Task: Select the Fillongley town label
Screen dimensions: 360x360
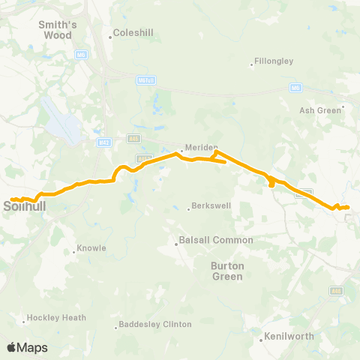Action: (274, 61)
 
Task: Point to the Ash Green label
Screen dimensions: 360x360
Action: (321, 109)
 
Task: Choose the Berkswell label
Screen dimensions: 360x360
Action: (211, 205)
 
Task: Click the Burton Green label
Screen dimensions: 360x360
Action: (226, 271)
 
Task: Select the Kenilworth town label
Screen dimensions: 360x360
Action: (288, 337)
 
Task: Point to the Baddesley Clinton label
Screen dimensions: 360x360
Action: (155, 324)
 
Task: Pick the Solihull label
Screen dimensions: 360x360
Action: (26, 205)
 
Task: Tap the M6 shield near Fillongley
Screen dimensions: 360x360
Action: (295, 88)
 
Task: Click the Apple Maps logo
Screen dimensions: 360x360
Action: (27, 346)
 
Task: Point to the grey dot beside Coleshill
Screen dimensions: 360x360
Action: (109, 34)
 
